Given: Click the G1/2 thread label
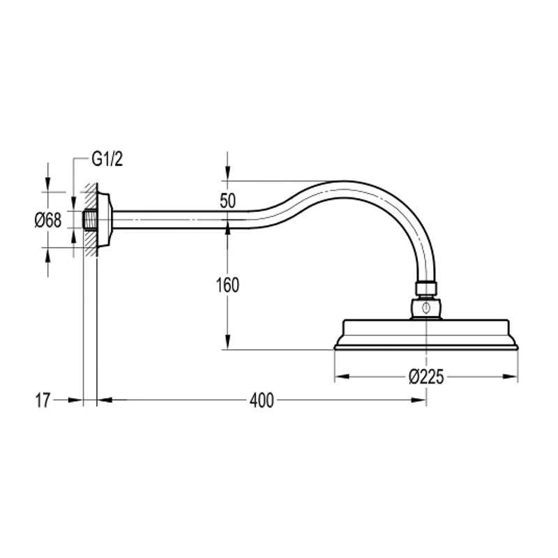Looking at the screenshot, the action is [107, 159].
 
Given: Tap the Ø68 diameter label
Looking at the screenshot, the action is [48, 220].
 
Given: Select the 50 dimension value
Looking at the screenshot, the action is [228, 201].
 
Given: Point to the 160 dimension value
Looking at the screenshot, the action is [228, 285].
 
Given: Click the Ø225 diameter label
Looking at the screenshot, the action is [426, 377].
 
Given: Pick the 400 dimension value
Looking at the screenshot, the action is [262, 400].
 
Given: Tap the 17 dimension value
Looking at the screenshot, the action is [43, 400].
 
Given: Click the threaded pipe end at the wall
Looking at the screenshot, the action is [89, 220].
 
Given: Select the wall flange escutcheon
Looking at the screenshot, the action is [104, 220].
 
